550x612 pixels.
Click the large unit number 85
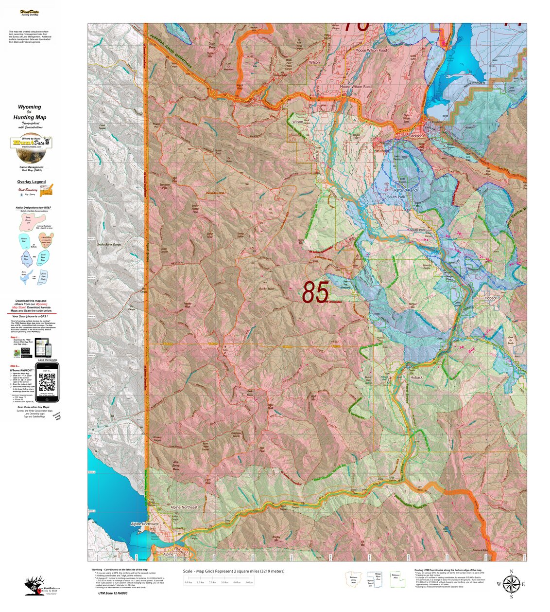pos(315,292)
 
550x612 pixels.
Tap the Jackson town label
pos(416,136)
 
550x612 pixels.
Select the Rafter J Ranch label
pos(406,190)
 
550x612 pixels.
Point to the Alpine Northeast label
pos(184,507)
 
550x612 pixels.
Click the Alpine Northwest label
pos(145,524)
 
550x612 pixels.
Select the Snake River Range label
pos(109,245)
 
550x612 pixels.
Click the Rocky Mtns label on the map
pos(266,288)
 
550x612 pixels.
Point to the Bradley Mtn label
pos(275,539)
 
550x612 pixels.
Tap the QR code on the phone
pos(47,382)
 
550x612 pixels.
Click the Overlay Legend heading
pos(32,182)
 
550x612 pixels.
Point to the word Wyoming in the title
pos(30,107)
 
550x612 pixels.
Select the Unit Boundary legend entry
pos(28,190)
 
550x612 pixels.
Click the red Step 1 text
pos(15,337)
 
